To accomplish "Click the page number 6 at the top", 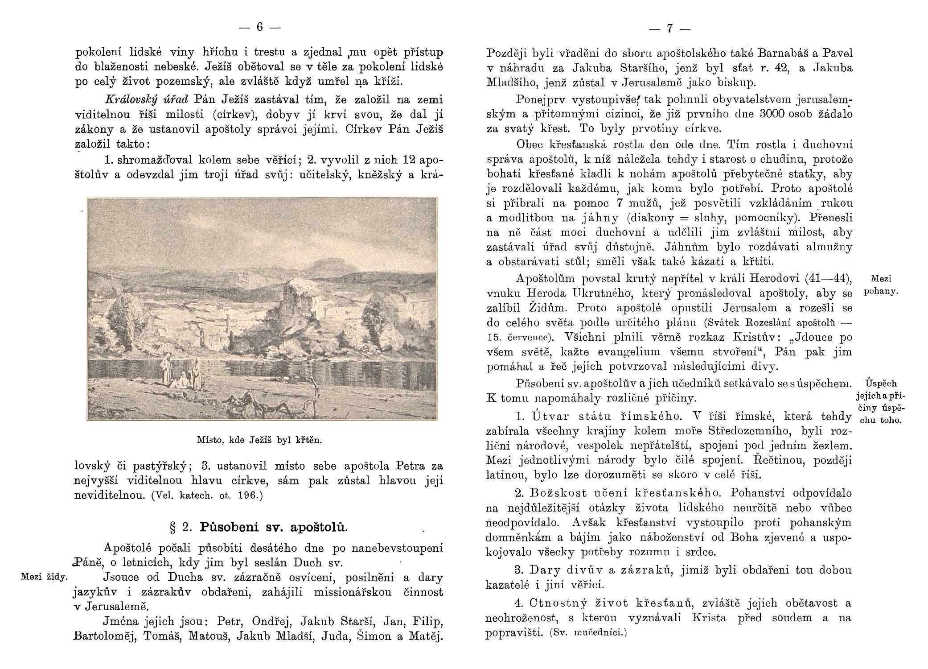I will coord(258,28).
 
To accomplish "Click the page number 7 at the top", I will coord(669,29).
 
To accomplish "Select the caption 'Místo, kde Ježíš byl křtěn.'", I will coord(259,440).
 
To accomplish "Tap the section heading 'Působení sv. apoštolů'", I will coord(273,527).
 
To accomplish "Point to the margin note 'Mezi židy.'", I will coord(44,577).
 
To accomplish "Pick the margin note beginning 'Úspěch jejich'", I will coord(881,401).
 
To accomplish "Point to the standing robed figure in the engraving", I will coord(166,368).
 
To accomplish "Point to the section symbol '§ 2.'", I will coord(178,527).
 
